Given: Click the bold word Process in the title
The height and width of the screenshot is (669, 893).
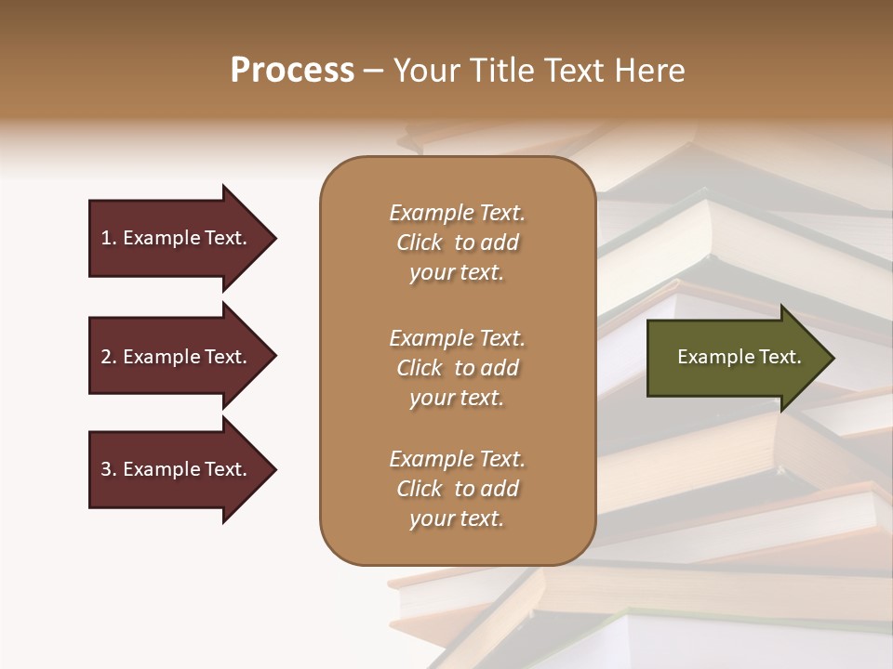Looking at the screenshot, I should click(292, 71).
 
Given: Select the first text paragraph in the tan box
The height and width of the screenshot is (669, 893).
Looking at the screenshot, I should click(457, 243).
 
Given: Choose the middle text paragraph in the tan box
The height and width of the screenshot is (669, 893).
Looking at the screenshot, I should click(457, 368).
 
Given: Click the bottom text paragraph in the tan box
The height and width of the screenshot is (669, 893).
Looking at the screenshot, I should click(457, 489).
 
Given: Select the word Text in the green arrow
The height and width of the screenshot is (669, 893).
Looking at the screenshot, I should click(780, 357).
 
